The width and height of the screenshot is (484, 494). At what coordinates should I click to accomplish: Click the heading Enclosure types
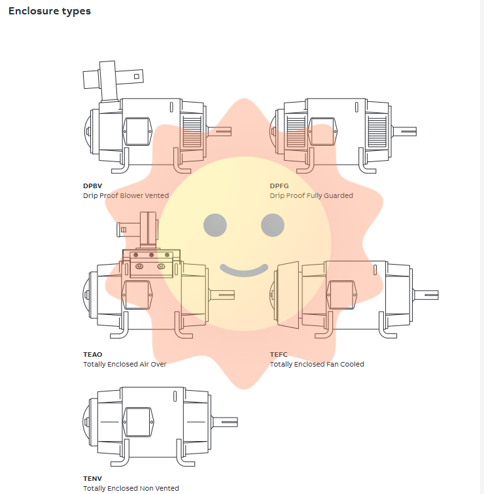point(50,11)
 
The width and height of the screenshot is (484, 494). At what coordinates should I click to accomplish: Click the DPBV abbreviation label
point(93,186)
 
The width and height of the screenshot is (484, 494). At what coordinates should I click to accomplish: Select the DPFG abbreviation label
point(279,186)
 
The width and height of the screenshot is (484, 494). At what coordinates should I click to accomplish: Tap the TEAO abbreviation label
point(93,354)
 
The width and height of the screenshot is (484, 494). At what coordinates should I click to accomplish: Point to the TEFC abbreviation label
point(279,354)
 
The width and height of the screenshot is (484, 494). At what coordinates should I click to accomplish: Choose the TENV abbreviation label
point(93,478)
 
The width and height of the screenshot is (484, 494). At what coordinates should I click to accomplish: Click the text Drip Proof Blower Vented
point(126,195)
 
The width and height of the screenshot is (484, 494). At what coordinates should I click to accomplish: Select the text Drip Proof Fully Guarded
point(311,195)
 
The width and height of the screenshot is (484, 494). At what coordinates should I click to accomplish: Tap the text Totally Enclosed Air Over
point(124,364)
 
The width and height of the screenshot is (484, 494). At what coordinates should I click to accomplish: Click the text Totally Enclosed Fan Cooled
point(317,364)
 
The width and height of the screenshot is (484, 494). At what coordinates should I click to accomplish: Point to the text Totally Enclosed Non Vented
point(131,488)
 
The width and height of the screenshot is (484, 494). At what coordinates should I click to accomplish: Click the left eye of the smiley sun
point(215,225)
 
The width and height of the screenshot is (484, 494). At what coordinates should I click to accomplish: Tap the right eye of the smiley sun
point(273,225)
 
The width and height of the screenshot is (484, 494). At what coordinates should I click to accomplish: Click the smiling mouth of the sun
point(244,271)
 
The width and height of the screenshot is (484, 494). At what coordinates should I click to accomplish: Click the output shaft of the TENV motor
point(224,422)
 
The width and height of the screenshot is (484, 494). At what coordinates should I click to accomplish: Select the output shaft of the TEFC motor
point(426,295)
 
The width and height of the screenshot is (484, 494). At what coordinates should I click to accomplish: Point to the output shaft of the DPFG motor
point(404,131)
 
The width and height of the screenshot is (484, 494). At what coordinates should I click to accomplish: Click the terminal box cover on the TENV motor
point(138,422)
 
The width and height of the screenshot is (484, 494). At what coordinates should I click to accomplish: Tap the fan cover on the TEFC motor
point(288,295)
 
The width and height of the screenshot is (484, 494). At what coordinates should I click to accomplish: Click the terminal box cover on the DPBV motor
point(137,131)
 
